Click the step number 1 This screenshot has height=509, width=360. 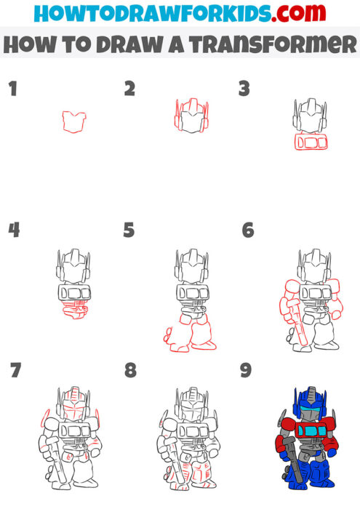12,89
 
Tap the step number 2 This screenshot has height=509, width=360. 130,89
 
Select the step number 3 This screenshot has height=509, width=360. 244,89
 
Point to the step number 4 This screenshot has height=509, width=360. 13,231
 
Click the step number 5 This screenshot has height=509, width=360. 129,231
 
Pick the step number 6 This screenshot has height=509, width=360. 248,231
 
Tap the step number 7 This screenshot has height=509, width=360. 15,371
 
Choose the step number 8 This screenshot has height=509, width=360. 130,371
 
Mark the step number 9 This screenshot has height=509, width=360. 246,371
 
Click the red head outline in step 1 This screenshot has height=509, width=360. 74,121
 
